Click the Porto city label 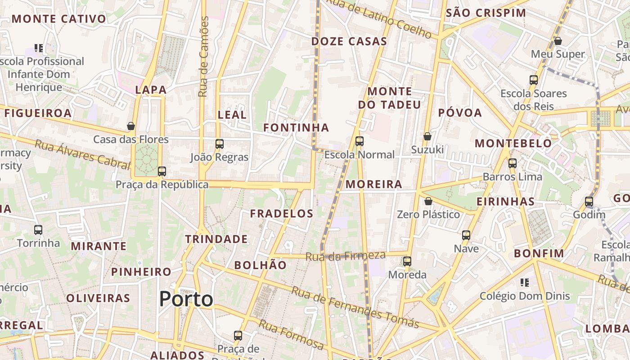click(186, 299)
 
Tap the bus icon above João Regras click(220, 144)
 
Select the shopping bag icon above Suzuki click(427, 136)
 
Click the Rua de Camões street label click(203, 57)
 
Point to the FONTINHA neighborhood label click(296, 128)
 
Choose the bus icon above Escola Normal click(359, 141)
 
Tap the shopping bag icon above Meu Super click(558, 41)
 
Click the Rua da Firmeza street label click(346, 256)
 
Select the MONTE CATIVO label click(59, 19)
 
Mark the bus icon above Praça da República click(162, 171)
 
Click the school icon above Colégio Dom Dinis click(524, 283)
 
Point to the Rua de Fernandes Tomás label click(355, 307)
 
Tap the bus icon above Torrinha click(38, 230)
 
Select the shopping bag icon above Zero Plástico click(428, 201)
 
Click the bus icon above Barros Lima click(512, 163)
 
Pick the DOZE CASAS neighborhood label click(349, 41)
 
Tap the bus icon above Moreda click(407, 261)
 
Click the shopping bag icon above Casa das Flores click(131, 126)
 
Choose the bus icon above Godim click(589, 202)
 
